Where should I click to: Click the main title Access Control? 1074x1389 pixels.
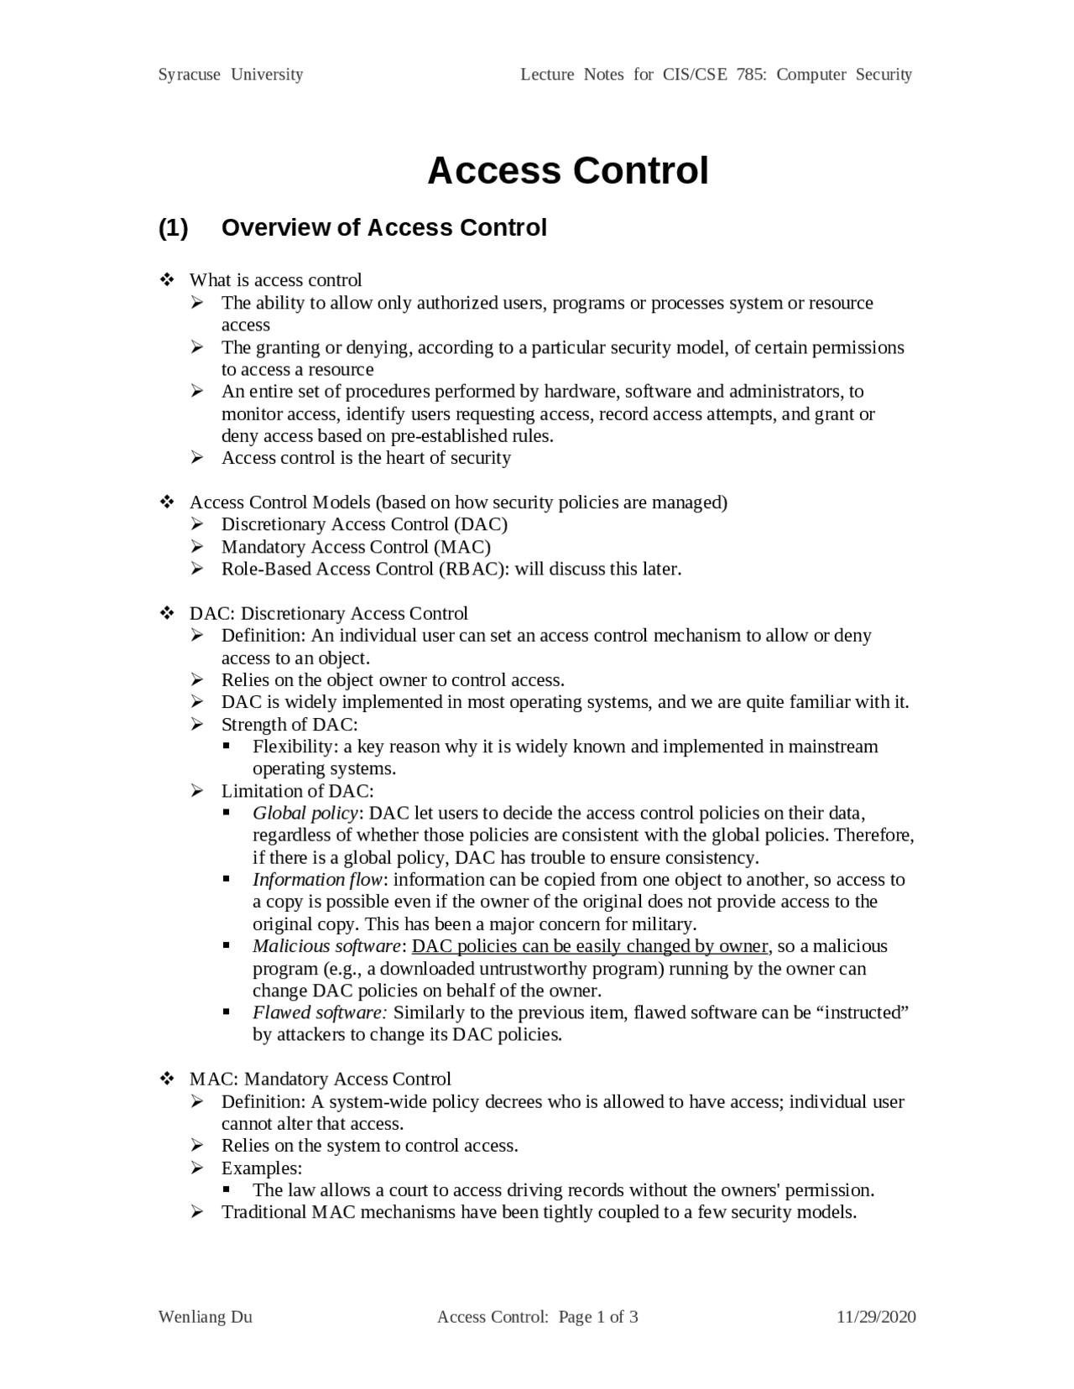click(x=568, y=171)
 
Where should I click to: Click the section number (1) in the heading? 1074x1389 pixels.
click(x=174, y=228)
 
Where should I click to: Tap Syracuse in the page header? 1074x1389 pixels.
click(x=190, y=75)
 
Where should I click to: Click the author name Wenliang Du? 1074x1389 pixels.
click(x=206, y=1317)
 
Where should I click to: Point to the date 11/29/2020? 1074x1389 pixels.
click(x=876, y=1317)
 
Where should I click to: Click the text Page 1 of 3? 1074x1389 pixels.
click(x=598, y=1317)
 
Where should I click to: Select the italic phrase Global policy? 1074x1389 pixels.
click(x=306, y=814)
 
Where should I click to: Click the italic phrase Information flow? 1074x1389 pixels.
click(x=318, y=880)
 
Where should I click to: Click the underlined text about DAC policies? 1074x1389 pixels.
click(x=590, y=946)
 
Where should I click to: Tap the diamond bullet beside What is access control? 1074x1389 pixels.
click(x=166, y=279)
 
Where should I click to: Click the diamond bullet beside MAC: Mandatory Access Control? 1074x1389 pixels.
click(x=166, y=1079)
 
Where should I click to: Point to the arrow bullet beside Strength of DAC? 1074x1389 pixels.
click(x=197, y=725)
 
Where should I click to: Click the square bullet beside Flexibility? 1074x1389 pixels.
click(x=227, y=746)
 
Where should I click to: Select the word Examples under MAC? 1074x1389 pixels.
click(x=261, y=1168)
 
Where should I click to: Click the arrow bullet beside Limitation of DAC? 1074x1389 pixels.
click(x=197, y=791)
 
